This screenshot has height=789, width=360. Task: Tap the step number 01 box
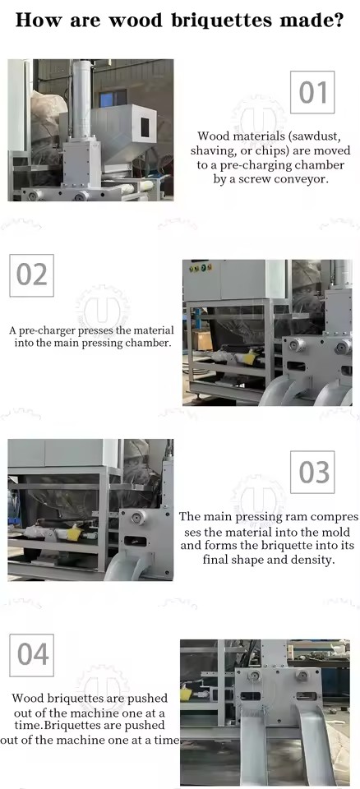(x=312, y=92)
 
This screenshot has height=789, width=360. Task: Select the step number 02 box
(x=32, y=275)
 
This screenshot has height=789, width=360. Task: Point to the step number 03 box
(x=312, y=472)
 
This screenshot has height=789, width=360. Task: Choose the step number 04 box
(x=32, y=655)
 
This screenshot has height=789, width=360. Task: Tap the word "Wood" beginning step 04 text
(x=27, y=699)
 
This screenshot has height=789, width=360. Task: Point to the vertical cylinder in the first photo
(x=81, y=98)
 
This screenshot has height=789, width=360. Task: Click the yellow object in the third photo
(x=75, y=533)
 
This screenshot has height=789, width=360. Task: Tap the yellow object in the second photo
(x=249, y=357)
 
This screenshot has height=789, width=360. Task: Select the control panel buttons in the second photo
(x=200, y=268)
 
